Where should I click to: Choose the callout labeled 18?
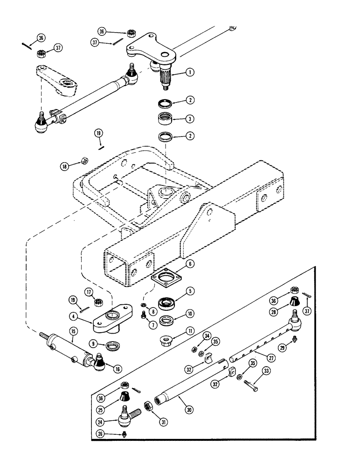point(63,165)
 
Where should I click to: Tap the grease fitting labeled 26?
point(123,436)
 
